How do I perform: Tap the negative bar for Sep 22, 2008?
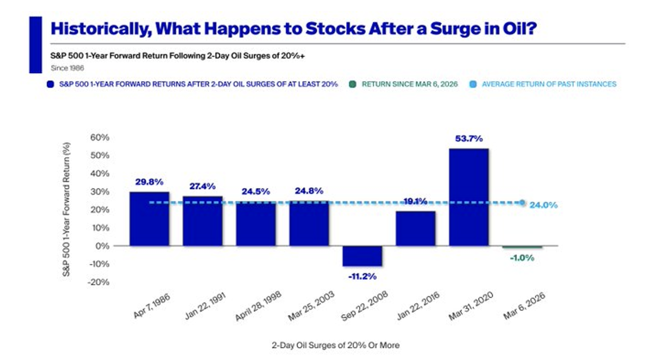click(x=362, y=256)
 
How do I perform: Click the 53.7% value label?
click(x=469, y=138)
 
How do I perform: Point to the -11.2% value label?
click(x=362, y=276)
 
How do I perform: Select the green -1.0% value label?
click(x=521, y=258)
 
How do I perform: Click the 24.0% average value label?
click(x=543, y=205)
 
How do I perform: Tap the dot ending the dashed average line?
click(x=522, y=202)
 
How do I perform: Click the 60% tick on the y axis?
click(x=99, y=137)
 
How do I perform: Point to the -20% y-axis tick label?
click(x=98, y=282)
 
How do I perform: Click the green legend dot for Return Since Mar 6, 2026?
click(x=353, y=84)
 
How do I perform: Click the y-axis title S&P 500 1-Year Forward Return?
click(x=67, y=210)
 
